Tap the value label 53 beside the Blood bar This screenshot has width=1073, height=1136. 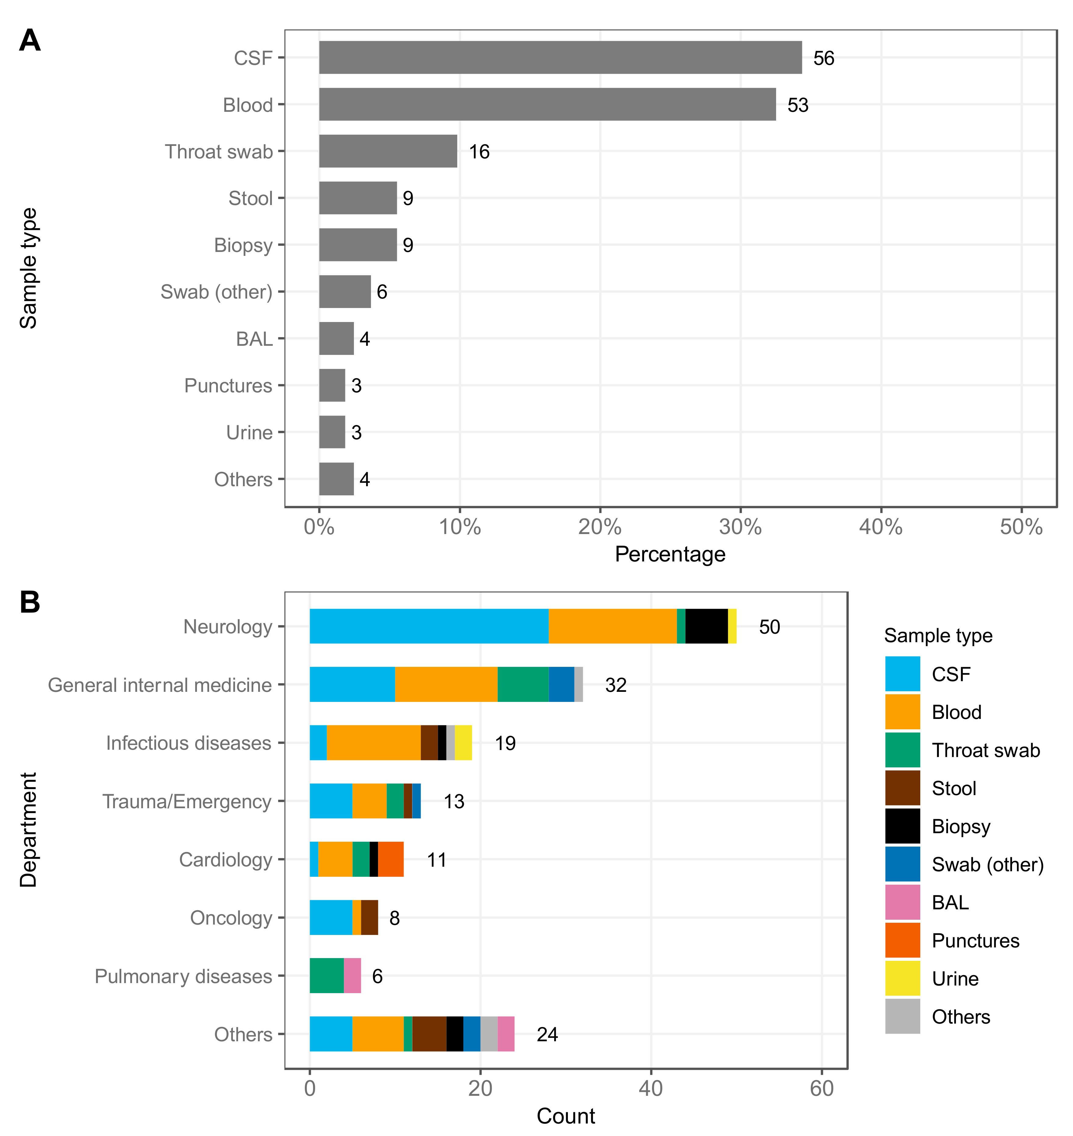(x=797, y=105)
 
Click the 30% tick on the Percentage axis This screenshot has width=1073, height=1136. (x=740, y=526)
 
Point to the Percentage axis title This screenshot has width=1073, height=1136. (x=670, y=554)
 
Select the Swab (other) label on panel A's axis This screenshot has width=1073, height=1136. (x=216, y=292)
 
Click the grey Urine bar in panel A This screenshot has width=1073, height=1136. (x=332, y=432)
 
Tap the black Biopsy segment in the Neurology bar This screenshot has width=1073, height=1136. (x=706, y=626)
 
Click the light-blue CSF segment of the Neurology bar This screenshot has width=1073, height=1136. (x=429, y=626)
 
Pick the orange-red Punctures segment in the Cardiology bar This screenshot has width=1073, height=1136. (x=391, y=859)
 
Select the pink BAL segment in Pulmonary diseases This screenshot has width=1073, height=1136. (x=352, y=976)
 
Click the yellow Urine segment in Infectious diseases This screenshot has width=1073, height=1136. (x=463, y=743)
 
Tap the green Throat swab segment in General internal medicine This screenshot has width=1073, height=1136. (x=523, y=684)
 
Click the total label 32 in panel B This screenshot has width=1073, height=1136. (x=615, y=685)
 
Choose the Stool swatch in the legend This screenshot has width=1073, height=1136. (x=902, y=788)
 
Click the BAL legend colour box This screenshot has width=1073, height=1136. (x=902, y=902)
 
